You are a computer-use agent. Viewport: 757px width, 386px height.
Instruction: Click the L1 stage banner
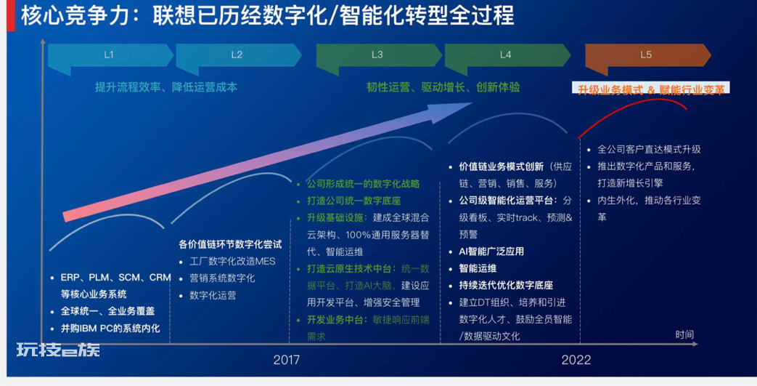click(x=110, y=55)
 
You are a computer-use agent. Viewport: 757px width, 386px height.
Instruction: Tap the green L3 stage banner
click(x=379, y=55)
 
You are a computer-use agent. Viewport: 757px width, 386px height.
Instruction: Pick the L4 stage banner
click(x=507, y=55)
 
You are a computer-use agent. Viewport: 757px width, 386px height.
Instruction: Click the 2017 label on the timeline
click(x=286, y=361)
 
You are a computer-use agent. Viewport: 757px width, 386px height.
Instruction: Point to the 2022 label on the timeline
click(x=576, y=361)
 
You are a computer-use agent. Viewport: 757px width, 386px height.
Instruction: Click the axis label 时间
click(x=684, y=334)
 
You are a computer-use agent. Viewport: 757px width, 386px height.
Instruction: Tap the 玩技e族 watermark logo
click(x=58, y=349)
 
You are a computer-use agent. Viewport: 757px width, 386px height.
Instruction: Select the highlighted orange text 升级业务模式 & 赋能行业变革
click(x=651, y=90)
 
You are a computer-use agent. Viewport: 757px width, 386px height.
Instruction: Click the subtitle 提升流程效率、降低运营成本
click(x=166, y=87)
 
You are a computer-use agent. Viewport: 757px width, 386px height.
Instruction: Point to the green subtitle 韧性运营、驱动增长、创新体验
click(x=443, y=87)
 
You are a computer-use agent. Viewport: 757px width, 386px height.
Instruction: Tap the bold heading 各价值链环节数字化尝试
click(x=230, y=244)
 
